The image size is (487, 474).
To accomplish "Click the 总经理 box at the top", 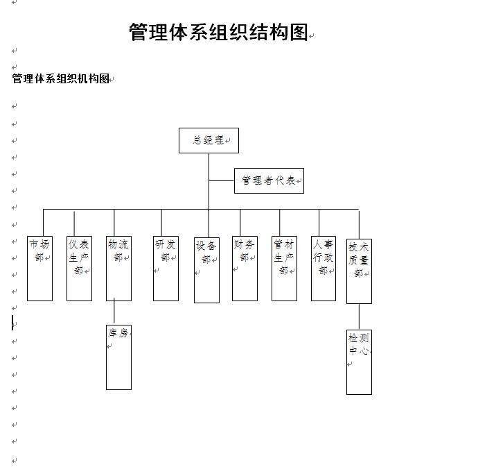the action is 209,140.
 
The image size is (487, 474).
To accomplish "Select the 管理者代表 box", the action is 269,180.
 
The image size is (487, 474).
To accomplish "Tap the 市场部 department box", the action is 39,269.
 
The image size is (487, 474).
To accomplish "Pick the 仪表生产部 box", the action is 79,269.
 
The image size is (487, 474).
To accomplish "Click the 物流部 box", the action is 118,269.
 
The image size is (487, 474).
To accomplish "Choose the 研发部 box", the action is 166,269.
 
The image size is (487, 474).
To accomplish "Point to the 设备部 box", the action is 206,270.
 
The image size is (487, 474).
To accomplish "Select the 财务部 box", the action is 245,269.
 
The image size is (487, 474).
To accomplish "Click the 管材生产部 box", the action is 284,269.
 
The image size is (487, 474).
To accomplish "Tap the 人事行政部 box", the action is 324,269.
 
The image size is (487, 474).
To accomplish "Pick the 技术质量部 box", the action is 359,271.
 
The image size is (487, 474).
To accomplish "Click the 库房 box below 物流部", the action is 118,357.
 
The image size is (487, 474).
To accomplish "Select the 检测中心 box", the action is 359,362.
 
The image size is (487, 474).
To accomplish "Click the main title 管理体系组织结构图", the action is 218,32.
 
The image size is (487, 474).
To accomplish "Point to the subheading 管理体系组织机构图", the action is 60,78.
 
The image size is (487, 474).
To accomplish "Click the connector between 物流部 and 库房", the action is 114,311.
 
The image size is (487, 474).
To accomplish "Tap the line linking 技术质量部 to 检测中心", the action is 359,316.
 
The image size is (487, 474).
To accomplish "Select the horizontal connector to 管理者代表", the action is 222,180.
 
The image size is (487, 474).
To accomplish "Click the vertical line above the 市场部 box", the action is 43,223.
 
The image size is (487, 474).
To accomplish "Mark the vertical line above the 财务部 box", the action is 240,223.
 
